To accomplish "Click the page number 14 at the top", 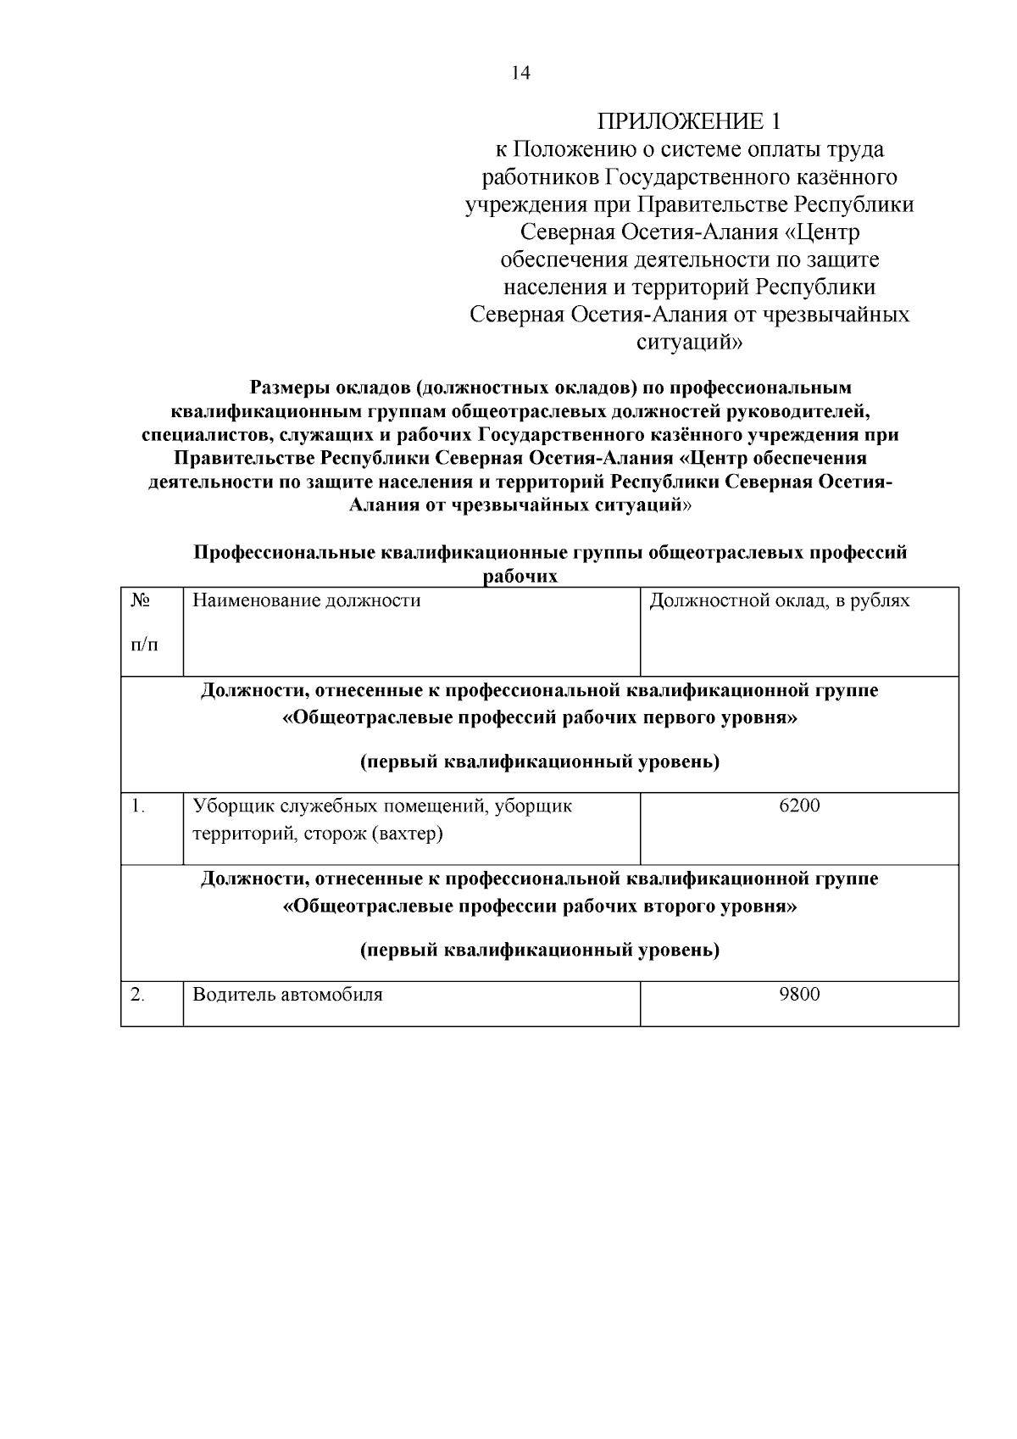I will pos(520,74).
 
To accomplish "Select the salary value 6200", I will pos(799,806).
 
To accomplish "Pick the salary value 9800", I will pos(799,994).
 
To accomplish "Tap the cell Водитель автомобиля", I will pos(287,994).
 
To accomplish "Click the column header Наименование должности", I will pos(306,601).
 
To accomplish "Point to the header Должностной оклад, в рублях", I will pos(780,601).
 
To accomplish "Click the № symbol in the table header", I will pos(141,600).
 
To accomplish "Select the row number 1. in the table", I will pos(139,806).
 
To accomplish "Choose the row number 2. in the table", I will pos(138,994).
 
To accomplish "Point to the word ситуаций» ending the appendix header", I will pos(689,343).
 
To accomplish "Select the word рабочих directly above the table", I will pos(520,577).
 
